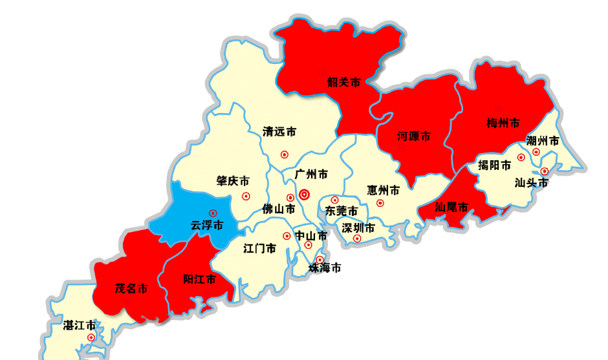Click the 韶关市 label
343,82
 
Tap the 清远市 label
279,132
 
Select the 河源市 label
414,136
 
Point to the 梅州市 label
503,123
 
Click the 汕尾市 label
451,207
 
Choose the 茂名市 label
131,288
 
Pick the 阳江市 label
199,279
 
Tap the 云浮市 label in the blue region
207,226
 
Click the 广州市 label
311,175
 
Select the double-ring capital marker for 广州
305,194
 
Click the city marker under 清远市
284,154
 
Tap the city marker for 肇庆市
245,196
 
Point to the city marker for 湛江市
91,337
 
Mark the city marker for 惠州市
380,203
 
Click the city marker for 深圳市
357,238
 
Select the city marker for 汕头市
545,171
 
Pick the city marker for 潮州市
536,153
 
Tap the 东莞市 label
342,211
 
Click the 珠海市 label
325,268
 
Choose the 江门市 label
260,248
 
